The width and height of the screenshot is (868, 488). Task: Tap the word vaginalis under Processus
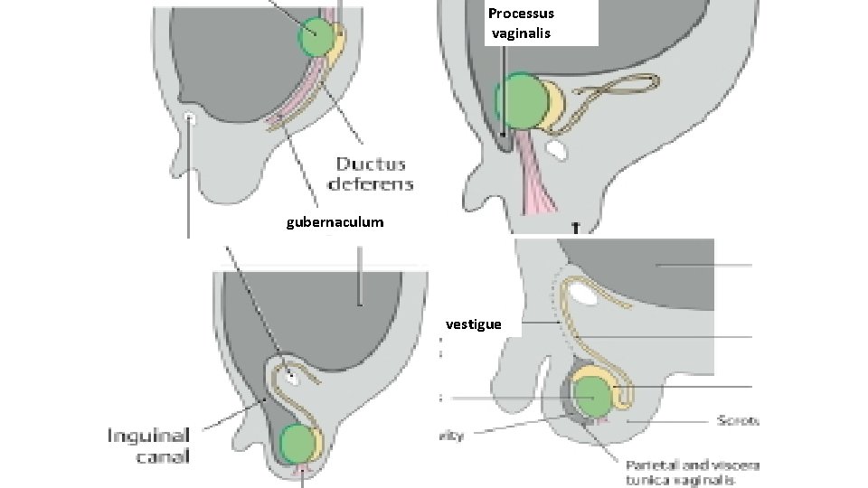click(x=520, y=33)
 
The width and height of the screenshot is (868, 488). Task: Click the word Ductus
click(x=373, y=164)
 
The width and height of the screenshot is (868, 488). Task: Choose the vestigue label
click(x=474, y=323)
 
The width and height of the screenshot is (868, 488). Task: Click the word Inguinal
click(x=148, y=435)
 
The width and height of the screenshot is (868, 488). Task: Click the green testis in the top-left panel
click(x=317, y=36)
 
